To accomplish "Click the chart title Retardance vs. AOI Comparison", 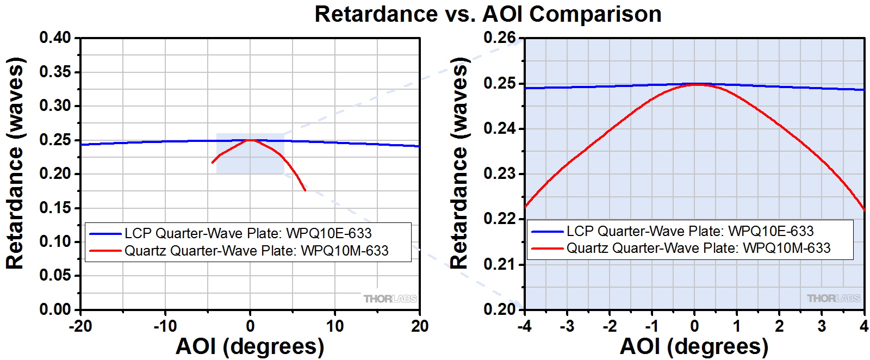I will [x=488, y=14].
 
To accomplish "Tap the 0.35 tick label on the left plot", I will [x=55, y=72].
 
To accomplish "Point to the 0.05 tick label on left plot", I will [x=55, y=275].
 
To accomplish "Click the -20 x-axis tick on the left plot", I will [x=80, y=326].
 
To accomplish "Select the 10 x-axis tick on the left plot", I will [x=334, y=326].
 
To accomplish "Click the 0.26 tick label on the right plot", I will [x=500, y=38].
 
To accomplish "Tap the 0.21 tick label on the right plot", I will [x=500, y=264].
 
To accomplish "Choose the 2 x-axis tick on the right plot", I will [x=779, y=326].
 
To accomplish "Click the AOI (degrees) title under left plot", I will [x=250, y=346].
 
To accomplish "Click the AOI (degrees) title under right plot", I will [x=694, y=346].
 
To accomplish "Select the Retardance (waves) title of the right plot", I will [x=459, y=163].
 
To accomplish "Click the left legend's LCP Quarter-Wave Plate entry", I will [x=248, y=233].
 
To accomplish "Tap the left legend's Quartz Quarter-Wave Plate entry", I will [x=256, y=251].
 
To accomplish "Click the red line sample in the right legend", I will [x=546, y=248].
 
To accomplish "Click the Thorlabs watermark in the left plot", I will [x=390, y=299].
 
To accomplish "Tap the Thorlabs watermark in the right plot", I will [x=833, y=298].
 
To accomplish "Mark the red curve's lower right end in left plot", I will [x=305, y=190].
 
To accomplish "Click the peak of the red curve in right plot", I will [x=696, y=84].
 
